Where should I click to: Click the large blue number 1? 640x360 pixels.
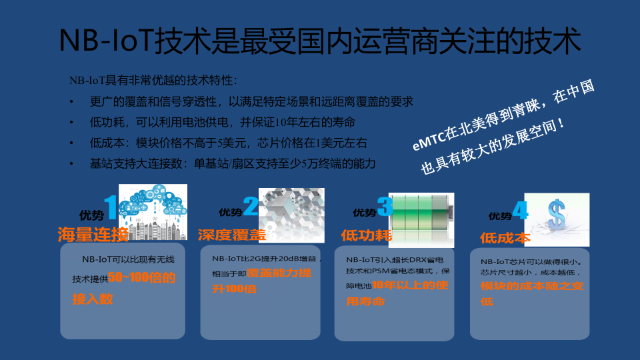[x=111, y=207]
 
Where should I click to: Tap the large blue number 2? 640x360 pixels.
[x=250, y=207]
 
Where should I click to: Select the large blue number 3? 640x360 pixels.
[x=385, y=207]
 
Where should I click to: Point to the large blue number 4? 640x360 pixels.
[x=520, y=211]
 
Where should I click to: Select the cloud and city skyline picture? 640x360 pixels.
[x=153, y=211]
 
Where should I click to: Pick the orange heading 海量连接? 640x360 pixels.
[x=93, y=234]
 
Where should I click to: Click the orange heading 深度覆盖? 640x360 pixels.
[x=231, y=234]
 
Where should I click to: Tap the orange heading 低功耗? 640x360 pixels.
[x=365, y=235]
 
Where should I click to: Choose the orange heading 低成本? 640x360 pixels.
[x=505, y=237]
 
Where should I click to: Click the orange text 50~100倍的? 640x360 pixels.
[x=142, y=278]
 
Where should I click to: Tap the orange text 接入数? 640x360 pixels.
[x=93, y=299]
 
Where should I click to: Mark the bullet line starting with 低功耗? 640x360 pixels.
[x=222, y=122]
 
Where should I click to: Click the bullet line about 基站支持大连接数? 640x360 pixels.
[x=233, y=163]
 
